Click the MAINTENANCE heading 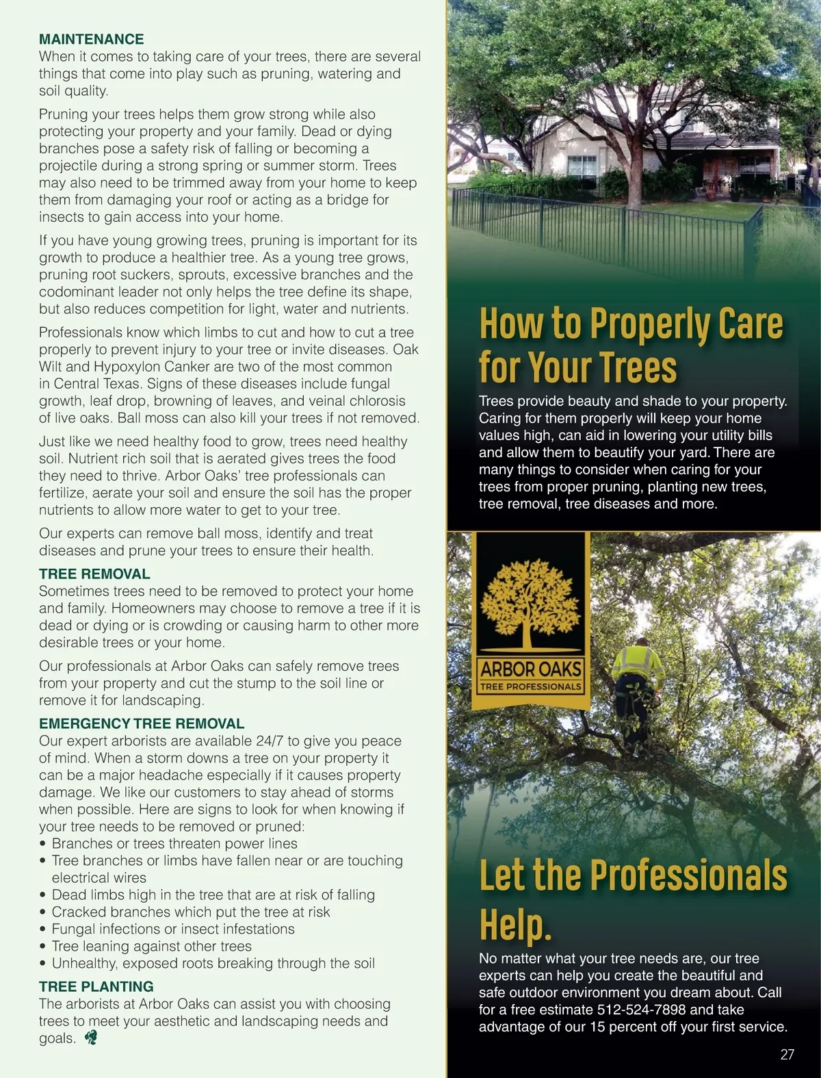[x=91, y=40]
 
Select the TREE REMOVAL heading [x=94, y=574]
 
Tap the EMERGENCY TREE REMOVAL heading [x=141, y=724]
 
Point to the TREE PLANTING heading [x=96, y=987]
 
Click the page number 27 [x=787, y=1055]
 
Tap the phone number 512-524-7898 [x=641, y=1010]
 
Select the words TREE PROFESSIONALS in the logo [x=531, y=686]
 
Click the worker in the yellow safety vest [x=636, y=691]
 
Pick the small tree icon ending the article [x=90, y=1038]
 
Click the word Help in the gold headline [x=514, y=925]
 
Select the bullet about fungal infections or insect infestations [x=173, y=929]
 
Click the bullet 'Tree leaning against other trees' [x=151, y=947]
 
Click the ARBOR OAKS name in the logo [x=531, y=669]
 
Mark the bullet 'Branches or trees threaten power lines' [x=174, y=844]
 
